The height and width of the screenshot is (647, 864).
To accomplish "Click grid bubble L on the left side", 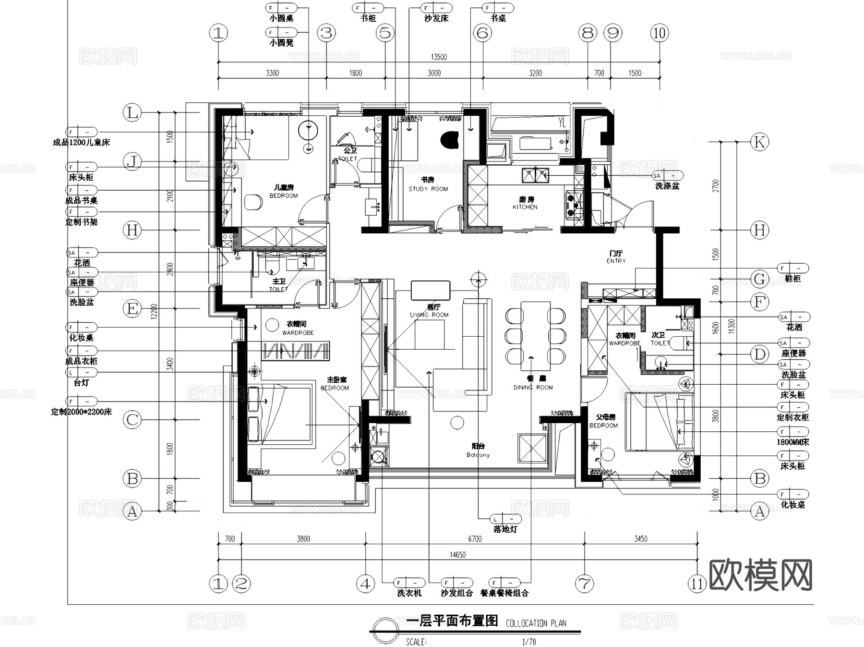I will point(132,113).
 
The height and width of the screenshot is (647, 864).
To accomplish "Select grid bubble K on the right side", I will point(759,142).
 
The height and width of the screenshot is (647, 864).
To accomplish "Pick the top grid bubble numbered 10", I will point(660,33).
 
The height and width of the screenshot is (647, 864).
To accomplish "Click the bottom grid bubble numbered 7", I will point(584,584).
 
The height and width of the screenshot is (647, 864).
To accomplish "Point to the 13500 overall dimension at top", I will point(439,57).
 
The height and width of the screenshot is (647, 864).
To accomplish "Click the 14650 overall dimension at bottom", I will point(457,555).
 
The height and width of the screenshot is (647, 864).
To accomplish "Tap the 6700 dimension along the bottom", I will point(475,539).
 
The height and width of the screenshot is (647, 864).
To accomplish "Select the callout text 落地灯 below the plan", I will point(505,529).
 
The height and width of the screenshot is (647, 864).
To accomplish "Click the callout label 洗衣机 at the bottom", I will point(409,593).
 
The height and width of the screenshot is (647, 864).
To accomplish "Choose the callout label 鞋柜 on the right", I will point(793,279).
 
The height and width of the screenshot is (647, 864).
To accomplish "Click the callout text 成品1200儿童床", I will point(82,143).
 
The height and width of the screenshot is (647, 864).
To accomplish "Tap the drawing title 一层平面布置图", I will point(452,621).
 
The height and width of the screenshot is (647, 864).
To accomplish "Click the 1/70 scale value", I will point(529,641).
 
